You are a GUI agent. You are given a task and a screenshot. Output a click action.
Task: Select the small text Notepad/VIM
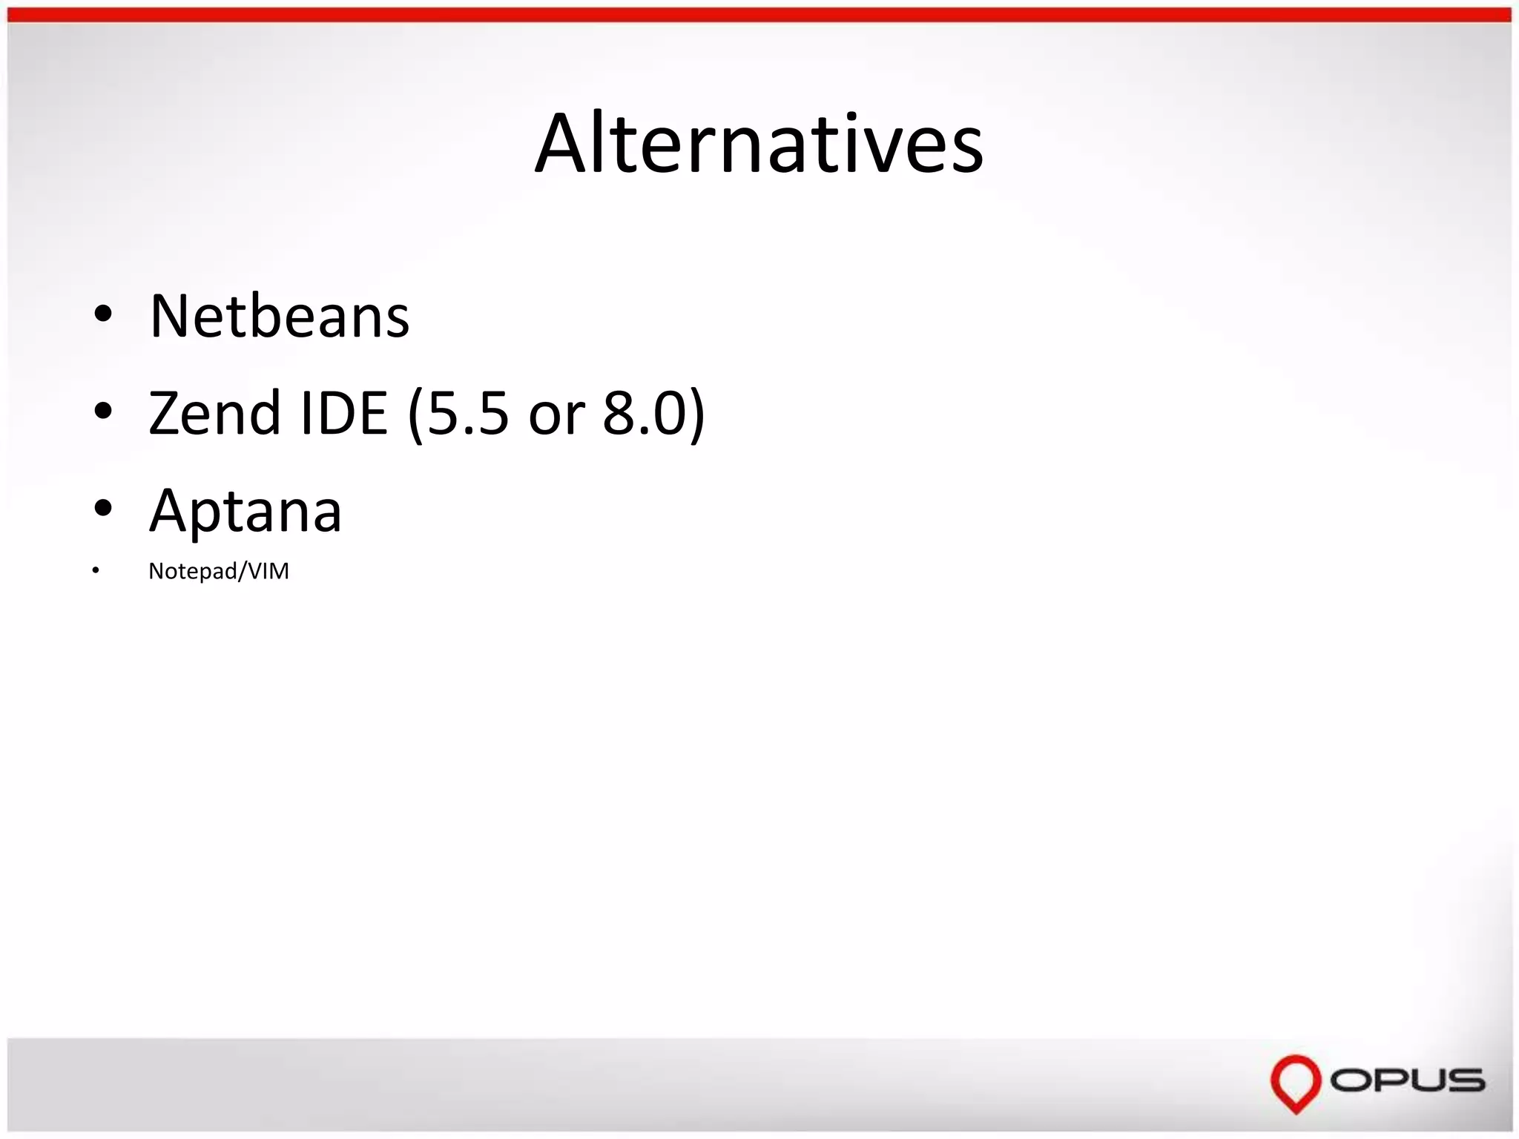[219, 571]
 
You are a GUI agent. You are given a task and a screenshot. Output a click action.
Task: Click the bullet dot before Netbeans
[103, 314]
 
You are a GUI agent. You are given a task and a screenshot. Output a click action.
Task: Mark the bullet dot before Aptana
[103, 509]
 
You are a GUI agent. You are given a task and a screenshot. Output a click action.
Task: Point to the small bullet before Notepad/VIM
[96, 570]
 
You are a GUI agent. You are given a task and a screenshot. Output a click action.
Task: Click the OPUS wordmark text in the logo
[1407, 1080]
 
